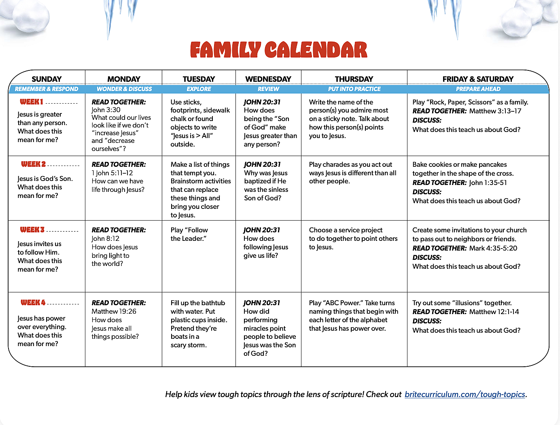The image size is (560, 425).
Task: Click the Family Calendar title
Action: pyautogui.click(x=278, y=50)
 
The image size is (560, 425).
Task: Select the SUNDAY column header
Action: pyautogui.click(x=47, y=79)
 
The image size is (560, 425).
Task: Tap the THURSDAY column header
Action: pyautogui.click(x=354, y=79)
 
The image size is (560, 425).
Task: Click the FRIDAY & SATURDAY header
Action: pyautogui.click(x=478, y=79)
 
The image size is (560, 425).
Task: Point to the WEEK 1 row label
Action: pyautogui.click(x=32, y=102)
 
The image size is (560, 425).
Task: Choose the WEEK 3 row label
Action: pyautogui.click(x=32, y=230)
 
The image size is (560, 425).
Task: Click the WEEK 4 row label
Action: pyautogui.click(x=33, y=303)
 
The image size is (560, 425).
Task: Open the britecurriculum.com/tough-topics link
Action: pyautogui.click(x=465, y=394)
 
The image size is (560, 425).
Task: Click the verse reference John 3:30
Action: pyautogui.click(x=106, y=110)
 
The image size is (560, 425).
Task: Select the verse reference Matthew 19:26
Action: pyautogui.click(x=114, y=311)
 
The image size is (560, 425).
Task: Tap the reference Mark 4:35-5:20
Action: pyautogui.click(x=493, y=248)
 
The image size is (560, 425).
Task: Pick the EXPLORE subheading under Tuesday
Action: pyautogui.click(x=199, y=89)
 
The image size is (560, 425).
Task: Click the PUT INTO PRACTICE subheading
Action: pyautogui.click(x=354, y=89)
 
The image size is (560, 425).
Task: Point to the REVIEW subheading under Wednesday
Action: pyautogui.click(x=268, y=89)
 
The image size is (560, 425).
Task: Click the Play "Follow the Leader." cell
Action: pyautogui.click(x=189, y=234)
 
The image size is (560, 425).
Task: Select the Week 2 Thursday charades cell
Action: pyautogui.click(x=352, y=173)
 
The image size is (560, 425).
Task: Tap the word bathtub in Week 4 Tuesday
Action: pyautogui.click(x=214, y=303)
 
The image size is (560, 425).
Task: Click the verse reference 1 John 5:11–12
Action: pyautogui.click(x=112, y=173)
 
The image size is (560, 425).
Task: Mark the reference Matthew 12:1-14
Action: pyautogui.click(x=494, y=312)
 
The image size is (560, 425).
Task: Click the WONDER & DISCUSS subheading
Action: pyautogui.click(x=124, y=89)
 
